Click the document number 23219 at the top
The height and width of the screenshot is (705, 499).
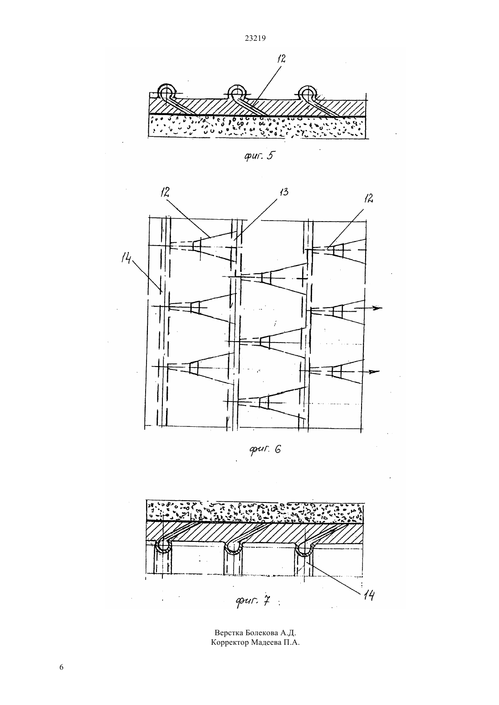[255, 39]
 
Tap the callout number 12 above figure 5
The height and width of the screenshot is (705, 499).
[281, 58]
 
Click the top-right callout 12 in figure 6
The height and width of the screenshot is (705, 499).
[368, 198]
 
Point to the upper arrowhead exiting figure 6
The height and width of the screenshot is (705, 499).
[378, 308]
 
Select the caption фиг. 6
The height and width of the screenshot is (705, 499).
[265, 449]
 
